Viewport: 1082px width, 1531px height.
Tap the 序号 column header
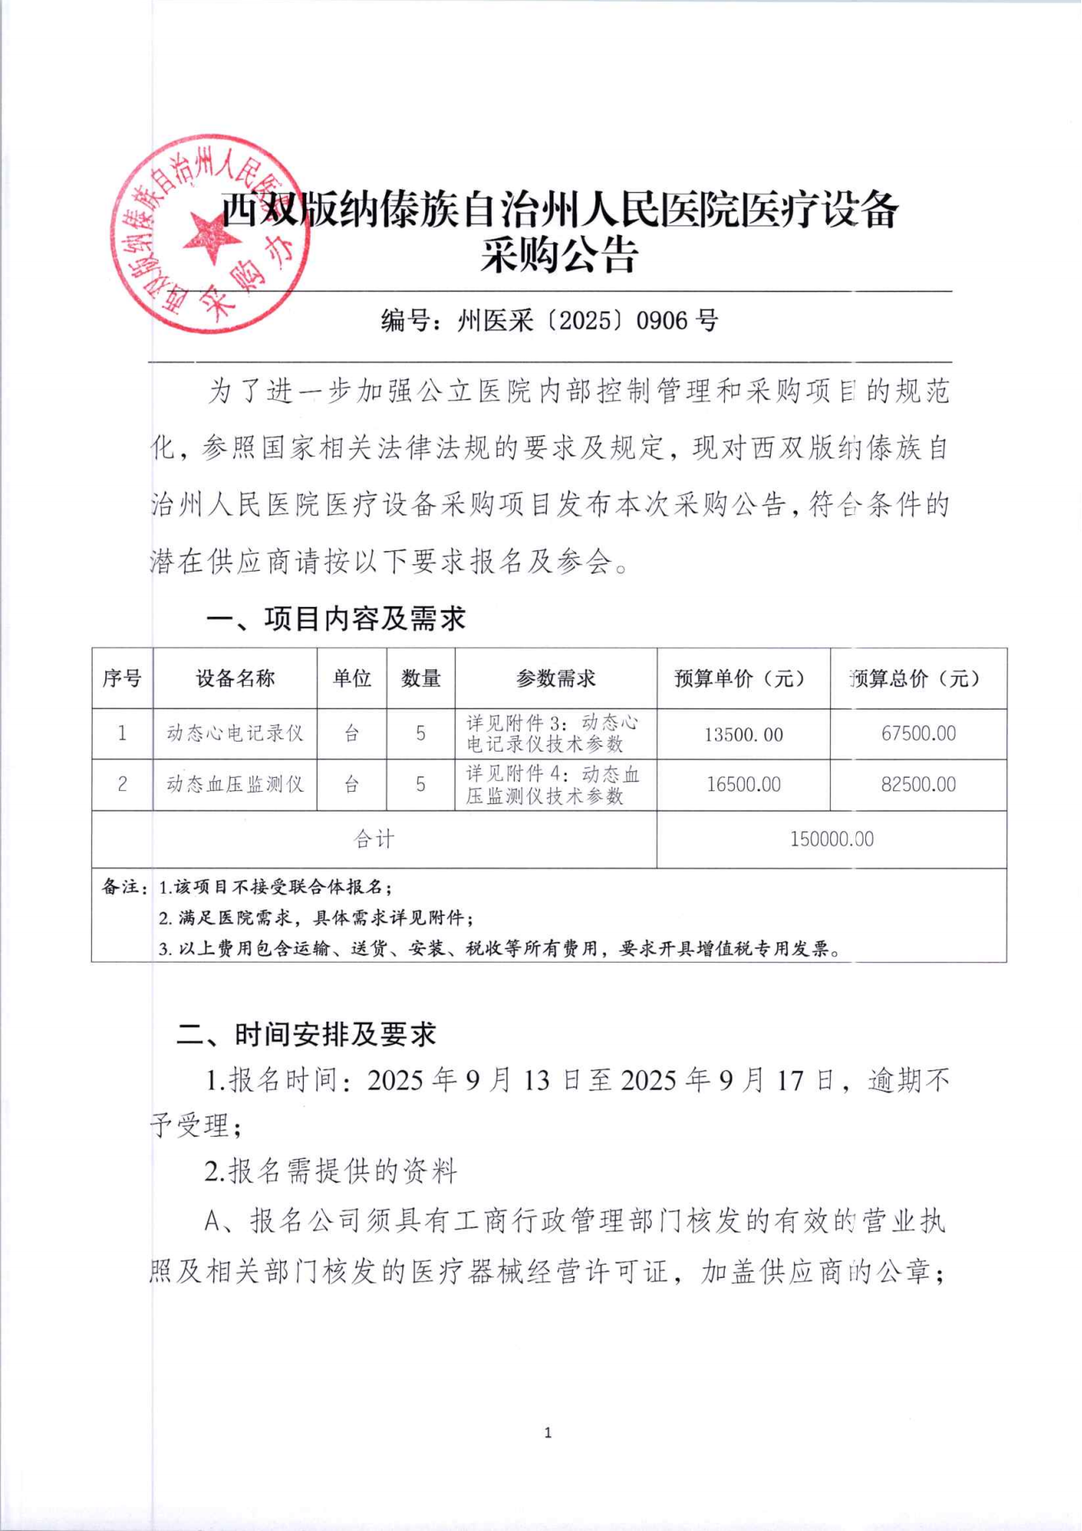tap(121, 678)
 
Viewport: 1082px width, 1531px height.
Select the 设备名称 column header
tap(235, 678)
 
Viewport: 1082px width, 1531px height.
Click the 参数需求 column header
tap(556, 678)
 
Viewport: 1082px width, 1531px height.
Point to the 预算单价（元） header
tap(743, 678)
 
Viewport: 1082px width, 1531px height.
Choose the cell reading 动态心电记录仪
tap(235, 733)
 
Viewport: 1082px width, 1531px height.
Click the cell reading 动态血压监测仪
tap(235, 784)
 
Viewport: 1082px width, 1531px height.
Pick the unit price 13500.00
tap(743, 734)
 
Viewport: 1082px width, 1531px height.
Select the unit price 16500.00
tap(743, 785)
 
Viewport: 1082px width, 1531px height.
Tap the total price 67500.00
tap(918, 733)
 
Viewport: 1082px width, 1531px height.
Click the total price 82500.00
tap(918, 784)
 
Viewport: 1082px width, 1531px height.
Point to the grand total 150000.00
tap(832, 839)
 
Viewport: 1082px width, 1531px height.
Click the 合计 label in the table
tap(374, 839)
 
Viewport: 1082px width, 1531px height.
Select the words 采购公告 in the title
tap(559, 255)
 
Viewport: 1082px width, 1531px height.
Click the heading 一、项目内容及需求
tap(336, 618)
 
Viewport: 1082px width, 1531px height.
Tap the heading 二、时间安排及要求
tap(306, 1034)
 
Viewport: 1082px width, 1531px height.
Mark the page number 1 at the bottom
tap(548, 1433)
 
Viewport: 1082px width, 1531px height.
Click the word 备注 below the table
tap(119, 887)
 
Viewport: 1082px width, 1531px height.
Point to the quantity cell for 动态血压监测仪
tap(420, 784)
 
